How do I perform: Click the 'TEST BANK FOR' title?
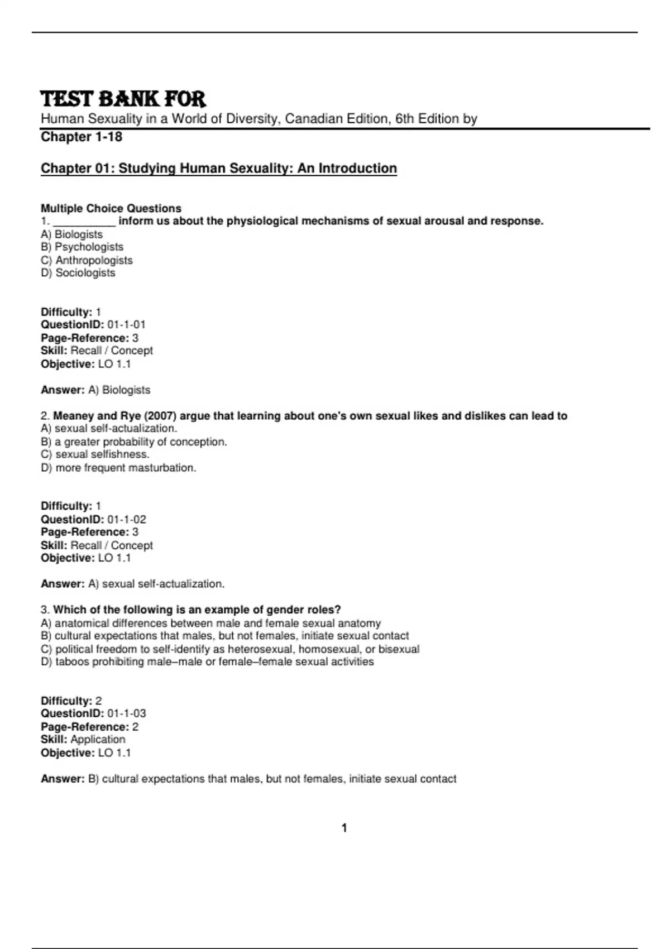[123, 99]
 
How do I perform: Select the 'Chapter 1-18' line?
[82, 137]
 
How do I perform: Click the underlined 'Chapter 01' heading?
[219, 168]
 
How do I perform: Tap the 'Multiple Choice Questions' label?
[111, 208]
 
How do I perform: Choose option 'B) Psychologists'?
[82, 247]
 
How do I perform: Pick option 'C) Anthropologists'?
[87, 260]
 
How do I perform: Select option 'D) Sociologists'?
[78, 273]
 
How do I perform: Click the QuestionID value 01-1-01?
[126, 324]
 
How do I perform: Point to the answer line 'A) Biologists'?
[119, 390]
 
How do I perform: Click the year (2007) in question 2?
[160, 416]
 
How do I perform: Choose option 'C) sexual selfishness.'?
[95, 454]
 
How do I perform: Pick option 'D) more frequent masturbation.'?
[118, 468]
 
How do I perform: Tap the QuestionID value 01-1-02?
[127, 519]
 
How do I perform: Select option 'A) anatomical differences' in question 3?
[211, 623]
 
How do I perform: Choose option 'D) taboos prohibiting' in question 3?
[207, 662]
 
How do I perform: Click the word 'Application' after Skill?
[98, 739]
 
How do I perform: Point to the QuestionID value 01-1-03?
[127, 713]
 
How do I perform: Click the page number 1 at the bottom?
[344, 828]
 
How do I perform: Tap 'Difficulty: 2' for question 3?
[71, 701]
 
